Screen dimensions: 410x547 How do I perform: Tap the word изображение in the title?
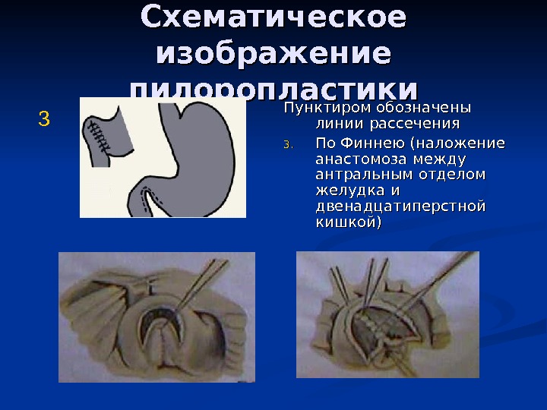point(273,54)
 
